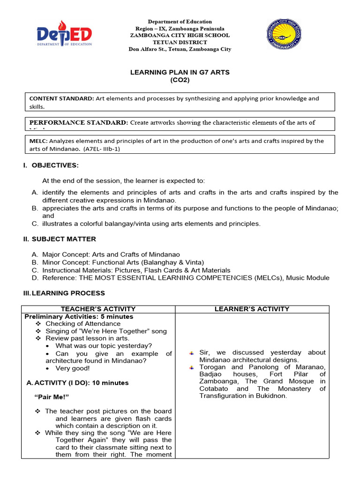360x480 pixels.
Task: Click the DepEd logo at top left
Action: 64,35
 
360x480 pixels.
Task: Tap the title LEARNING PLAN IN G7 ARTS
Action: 180,72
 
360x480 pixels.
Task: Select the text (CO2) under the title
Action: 180,80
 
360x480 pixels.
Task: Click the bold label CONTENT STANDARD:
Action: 61,98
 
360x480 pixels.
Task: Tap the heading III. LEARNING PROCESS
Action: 64,293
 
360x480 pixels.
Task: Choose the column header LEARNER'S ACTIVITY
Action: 252,309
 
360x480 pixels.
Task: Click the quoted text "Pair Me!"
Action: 52,397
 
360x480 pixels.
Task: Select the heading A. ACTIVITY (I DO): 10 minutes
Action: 77,383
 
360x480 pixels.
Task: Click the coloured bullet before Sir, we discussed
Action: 191,352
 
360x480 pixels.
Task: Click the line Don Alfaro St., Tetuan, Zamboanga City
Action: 180,49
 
